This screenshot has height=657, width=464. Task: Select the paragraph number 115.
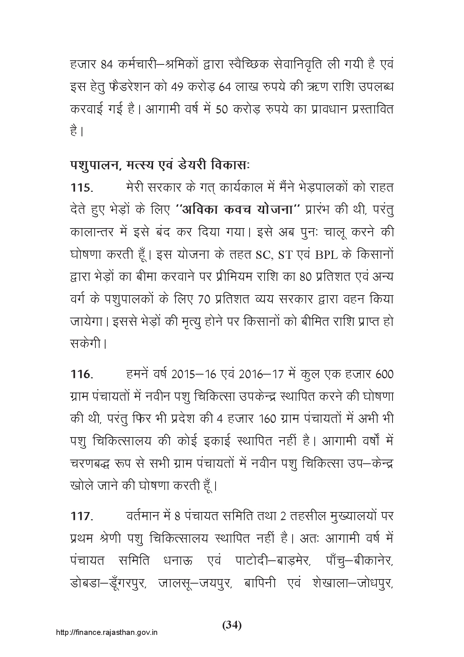pos(81,188)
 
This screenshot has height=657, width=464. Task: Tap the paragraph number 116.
pos(81,375)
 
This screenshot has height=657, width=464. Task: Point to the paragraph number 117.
pos(81,516)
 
